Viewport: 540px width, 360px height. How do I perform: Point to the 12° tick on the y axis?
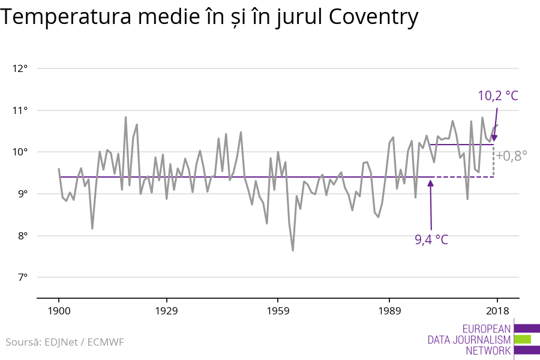[20, 68]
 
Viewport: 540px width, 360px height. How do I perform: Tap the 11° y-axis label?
[20, 110]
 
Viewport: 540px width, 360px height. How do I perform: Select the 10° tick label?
[20, 152]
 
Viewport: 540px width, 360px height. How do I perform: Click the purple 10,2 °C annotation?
[498, 95]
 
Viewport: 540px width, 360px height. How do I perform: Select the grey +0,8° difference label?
[511, 156]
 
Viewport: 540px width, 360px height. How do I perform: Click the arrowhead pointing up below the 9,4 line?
[430, 183]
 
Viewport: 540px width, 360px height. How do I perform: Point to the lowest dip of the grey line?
[293, 250]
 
